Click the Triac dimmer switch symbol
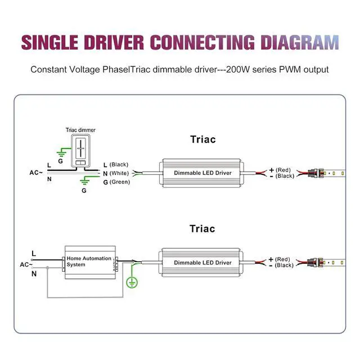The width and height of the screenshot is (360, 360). coord(80,148)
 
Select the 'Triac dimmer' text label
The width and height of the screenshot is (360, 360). coord(80,129)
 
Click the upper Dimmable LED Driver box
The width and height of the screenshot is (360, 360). coord(202,173)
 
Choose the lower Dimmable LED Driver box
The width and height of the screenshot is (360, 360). coord(202,263)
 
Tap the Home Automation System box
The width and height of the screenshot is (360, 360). coord(90,262)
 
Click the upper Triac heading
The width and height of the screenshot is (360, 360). coord(202,139)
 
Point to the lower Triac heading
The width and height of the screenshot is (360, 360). coord(202,229)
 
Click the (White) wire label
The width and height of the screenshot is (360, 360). coord(119,173)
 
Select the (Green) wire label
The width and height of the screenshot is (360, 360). coord(119,182)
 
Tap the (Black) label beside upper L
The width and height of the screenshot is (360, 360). coord(119,164)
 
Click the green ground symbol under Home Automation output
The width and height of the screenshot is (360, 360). coord(133,283)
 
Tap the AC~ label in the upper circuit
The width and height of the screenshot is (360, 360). coord(37,172)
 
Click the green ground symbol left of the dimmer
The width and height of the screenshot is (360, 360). coord(62,151)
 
